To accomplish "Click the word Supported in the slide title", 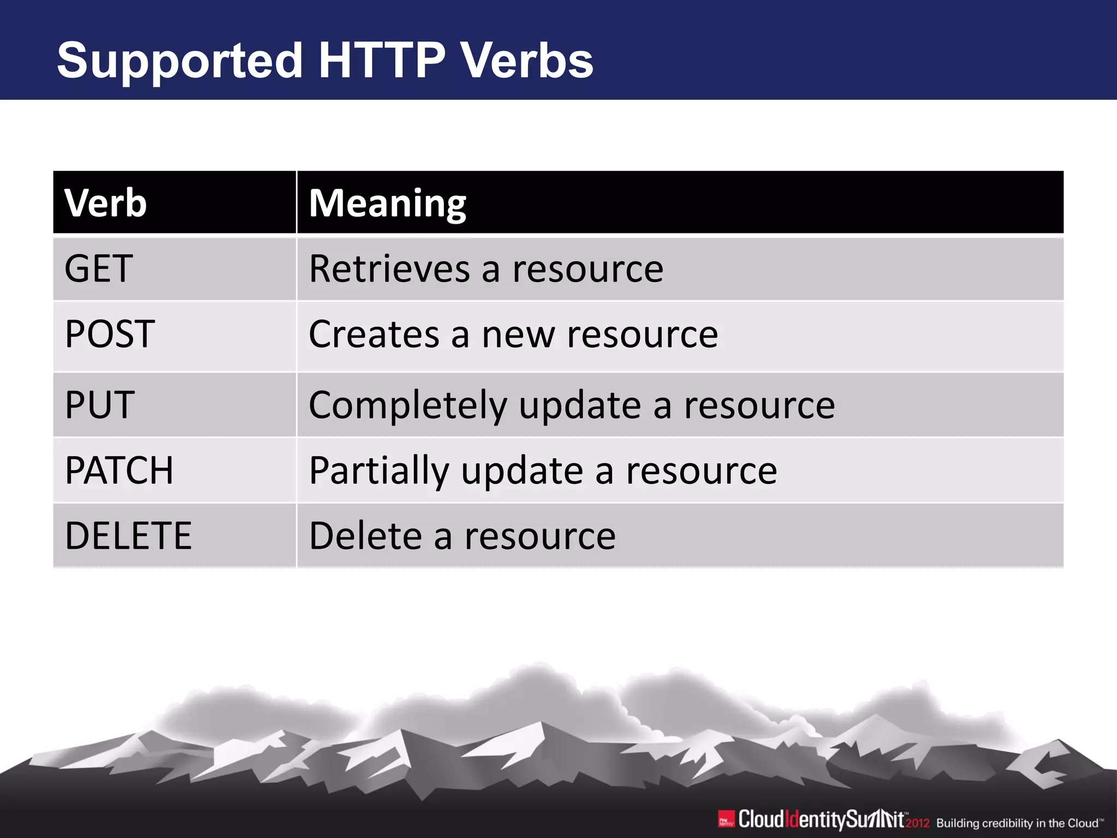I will (x=179, y=61).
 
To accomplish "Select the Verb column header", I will (x=105, y=203).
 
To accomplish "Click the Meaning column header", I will (x=387, y=203).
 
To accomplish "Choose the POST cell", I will (x=110, y=334).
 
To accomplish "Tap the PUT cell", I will (x=99, y=405).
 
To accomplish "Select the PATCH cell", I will (x=119, y=470).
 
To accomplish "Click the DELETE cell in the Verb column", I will (x=128, y=536).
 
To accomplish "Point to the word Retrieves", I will (x=389, y=269).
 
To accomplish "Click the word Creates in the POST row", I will (x=374, y=334).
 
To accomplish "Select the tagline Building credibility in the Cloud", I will (x=1019, y=823).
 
